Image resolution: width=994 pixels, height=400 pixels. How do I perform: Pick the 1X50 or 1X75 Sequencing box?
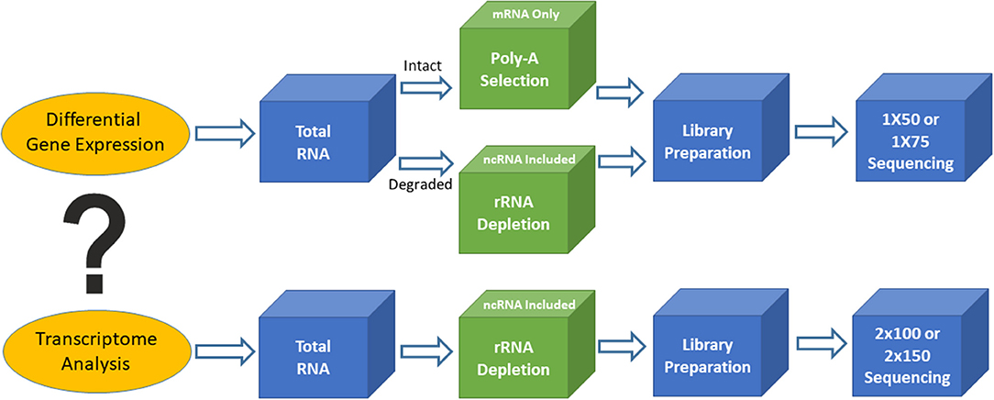coord(921,139)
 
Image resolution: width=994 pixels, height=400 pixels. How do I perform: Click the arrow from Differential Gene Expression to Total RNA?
coord(225,132)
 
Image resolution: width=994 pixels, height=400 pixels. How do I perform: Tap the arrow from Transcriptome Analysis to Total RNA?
coord(225,350)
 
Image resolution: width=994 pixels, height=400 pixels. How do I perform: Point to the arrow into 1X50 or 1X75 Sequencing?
coord(822,132)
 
